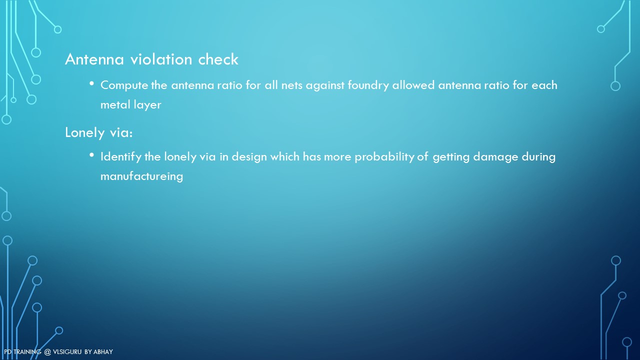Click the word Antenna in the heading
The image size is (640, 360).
tap(94, 59)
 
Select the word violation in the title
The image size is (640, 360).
tap(161, 59)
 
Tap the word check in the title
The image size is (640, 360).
tap(218, 59)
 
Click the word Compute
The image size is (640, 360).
tap(124, 85)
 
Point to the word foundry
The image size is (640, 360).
tap(368, 85)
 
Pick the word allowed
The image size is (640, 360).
tap(413, 85)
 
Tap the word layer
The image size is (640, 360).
tap(147, 105)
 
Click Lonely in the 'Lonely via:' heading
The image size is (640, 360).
tap(85, 132)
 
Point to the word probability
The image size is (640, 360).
tap(384, 157)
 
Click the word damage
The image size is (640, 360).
tap(495, 157)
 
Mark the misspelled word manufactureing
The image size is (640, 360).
tap(141, 176)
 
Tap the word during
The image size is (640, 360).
tap(538, 157)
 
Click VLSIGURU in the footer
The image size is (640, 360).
tap(67, 351)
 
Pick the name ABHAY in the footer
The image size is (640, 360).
tap(103, 351)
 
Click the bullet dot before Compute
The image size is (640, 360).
tap(91, 83)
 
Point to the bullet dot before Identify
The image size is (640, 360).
tap(91, 155)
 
